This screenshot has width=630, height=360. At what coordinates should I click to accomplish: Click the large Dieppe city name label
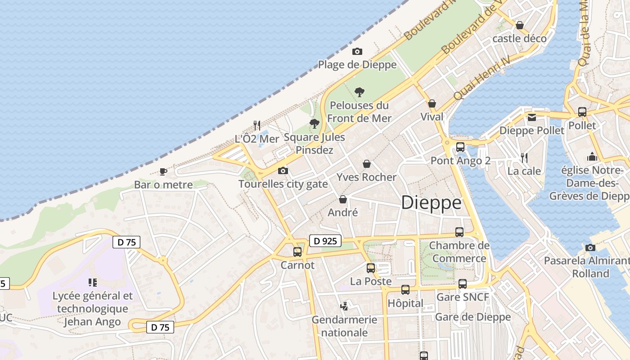[431, 203]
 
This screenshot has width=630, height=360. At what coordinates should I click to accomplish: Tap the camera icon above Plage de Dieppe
[357, 51]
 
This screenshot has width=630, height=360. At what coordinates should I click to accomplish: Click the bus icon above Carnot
[297, 252]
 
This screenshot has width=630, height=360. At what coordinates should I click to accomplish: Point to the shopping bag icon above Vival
[432, 103]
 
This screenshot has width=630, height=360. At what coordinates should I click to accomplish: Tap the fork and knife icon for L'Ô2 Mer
[257, 125]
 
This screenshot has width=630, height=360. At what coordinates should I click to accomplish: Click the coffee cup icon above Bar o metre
[163, 171]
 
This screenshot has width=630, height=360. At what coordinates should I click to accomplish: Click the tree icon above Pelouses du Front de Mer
[359, 92]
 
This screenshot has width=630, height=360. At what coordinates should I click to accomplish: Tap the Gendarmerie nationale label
[345, 326]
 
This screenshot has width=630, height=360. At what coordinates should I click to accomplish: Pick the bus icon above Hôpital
[405, 289]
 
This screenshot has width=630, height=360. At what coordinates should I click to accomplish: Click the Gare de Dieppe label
[473, 317]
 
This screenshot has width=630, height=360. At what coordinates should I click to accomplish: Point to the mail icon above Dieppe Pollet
[532, 117]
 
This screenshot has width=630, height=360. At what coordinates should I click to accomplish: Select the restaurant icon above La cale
[524, 157]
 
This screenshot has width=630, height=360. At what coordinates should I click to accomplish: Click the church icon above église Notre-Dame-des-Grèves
[592, 157]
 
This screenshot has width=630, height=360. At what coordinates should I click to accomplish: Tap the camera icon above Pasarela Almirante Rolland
[590, 247]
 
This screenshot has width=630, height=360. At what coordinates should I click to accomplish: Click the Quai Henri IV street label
[482, 78]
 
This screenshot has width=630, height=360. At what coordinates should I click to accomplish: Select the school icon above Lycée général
[93, 283]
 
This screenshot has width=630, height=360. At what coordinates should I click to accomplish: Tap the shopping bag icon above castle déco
[520, 25]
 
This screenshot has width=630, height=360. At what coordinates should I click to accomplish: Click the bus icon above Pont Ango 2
[460, 147]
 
